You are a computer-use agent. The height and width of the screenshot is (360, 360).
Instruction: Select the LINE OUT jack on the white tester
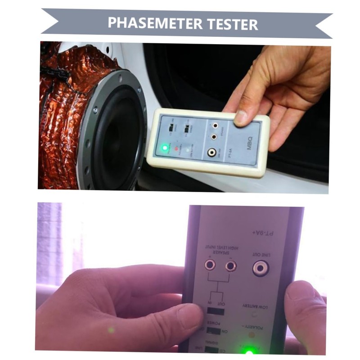coord(211,153)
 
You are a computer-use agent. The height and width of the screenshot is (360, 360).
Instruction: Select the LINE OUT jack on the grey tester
coord(260,269)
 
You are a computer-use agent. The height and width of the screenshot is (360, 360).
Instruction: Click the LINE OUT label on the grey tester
coord(261,254)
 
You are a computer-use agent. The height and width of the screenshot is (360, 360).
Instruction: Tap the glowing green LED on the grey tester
coord(249,352)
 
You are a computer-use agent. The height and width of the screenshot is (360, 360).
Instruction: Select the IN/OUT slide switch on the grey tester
coord(216,311)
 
